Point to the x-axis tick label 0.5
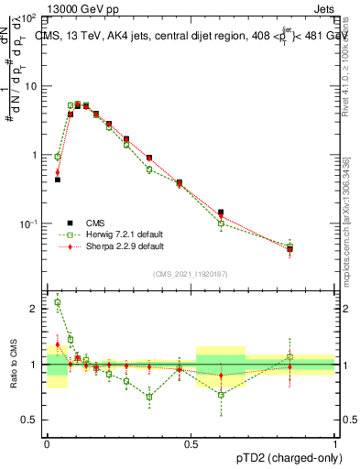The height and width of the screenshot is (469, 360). point(191,442)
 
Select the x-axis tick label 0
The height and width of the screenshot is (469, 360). point(47,442)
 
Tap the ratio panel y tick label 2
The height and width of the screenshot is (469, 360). point(36,309)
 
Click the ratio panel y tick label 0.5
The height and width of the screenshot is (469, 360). point(31,420)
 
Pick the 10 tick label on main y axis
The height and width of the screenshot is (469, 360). point(28,86)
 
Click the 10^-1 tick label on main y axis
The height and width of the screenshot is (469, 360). point(27,224)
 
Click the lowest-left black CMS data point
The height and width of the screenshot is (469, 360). point(57,180)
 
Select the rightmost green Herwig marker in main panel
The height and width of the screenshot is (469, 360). point(289,246)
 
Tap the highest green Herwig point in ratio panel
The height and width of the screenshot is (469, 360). point(57,302)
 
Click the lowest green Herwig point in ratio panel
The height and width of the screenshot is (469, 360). point(221,395)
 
